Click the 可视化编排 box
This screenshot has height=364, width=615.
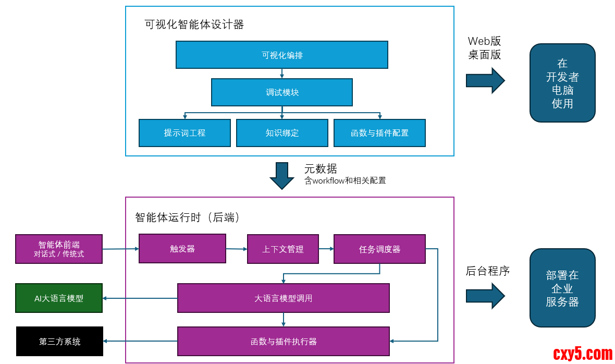281,55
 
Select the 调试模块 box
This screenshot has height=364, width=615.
281,92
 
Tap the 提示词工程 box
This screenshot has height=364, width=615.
185,133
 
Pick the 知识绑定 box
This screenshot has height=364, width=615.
282,133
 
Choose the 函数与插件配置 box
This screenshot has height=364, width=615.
379,133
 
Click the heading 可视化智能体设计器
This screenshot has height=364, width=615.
194,25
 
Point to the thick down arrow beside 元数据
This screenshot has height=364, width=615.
282,176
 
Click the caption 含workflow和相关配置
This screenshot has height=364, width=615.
345,180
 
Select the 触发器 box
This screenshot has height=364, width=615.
182,249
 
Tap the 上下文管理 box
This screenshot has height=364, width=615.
282,249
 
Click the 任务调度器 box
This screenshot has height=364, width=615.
379,249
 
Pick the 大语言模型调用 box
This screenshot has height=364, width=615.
283,298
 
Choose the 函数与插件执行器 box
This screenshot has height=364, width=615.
283,342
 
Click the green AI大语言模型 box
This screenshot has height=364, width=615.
59,298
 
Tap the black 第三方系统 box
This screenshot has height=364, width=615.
59,342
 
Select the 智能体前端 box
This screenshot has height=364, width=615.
59,249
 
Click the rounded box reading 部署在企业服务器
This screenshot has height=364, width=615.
562,288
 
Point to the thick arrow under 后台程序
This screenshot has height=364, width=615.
485,296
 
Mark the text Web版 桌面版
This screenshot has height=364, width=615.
484,48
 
